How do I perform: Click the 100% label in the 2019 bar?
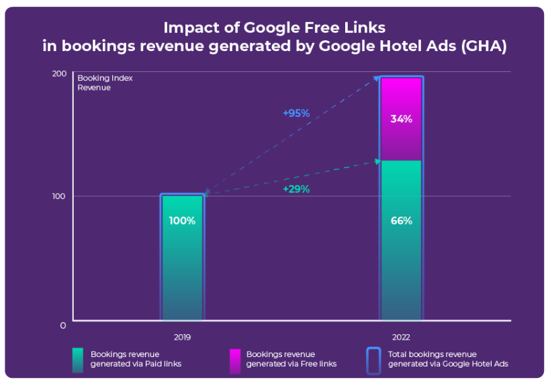point(182,221)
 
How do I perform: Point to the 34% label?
point(401,119)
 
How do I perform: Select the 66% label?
point(401,221)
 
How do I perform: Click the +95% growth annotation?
point(296,113)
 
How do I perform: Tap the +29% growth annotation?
point(296,189)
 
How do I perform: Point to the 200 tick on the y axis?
point(60,73)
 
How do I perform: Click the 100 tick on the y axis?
point(60,196)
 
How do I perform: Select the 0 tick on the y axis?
point(63,325)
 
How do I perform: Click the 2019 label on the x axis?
point(182,338)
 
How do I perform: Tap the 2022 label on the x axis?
point(401,338)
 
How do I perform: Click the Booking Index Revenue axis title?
point(105,83)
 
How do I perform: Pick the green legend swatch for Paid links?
point(77,359)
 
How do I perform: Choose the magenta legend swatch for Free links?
point(234,359)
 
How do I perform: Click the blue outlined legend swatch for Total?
point(373,359)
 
